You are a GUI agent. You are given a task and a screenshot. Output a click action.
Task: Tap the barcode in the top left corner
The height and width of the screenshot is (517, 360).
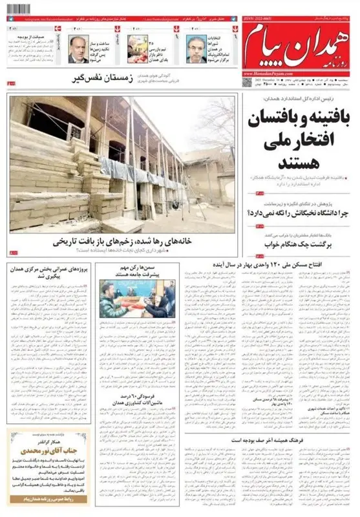[19, 8]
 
